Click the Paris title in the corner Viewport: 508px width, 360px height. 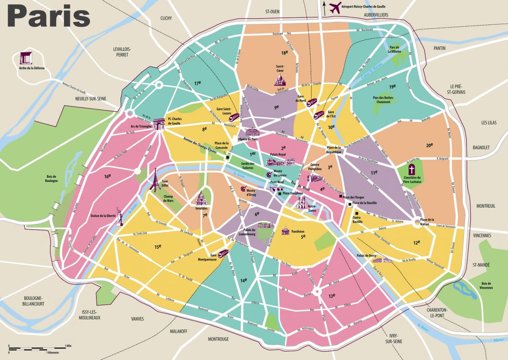49,17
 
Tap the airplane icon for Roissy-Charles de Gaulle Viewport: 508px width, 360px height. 335,7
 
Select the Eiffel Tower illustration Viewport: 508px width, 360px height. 155,180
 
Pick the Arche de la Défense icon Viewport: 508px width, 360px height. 26,58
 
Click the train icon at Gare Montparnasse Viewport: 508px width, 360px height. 224,253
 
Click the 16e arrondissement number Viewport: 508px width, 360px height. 107,176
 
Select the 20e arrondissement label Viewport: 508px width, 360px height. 429,145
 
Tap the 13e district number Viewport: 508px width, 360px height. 331,295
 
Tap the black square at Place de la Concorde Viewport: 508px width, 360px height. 228,158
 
